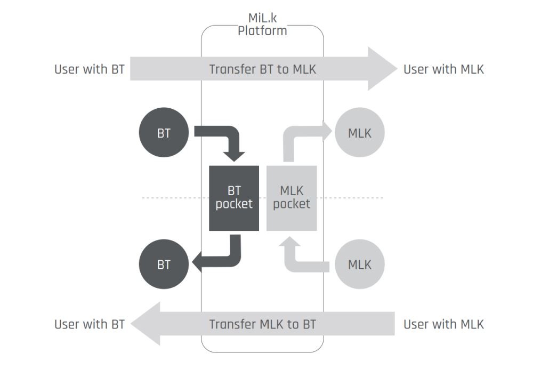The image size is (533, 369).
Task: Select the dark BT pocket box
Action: [233, 198]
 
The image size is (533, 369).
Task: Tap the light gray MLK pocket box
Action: [292, 198]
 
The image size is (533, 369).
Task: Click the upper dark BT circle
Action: [164, 133]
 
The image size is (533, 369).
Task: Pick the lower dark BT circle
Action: [164, 264]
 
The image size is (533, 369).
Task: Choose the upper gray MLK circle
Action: [359, 133]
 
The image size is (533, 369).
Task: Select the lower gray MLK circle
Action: [359, 264]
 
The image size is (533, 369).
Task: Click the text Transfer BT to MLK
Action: [262, 69]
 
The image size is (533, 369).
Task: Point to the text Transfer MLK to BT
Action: [262, 324]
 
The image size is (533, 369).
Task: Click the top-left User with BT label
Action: [89, 69]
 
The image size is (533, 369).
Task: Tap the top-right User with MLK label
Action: [443, 69]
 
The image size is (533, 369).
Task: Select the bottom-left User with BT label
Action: [89, 324]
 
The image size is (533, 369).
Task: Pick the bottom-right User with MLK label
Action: [443, 324]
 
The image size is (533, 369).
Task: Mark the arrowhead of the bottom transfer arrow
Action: [146, 324]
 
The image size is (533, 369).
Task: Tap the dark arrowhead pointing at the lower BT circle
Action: [197, 262]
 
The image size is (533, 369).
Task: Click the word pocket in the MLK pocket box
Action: [292, 204]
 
